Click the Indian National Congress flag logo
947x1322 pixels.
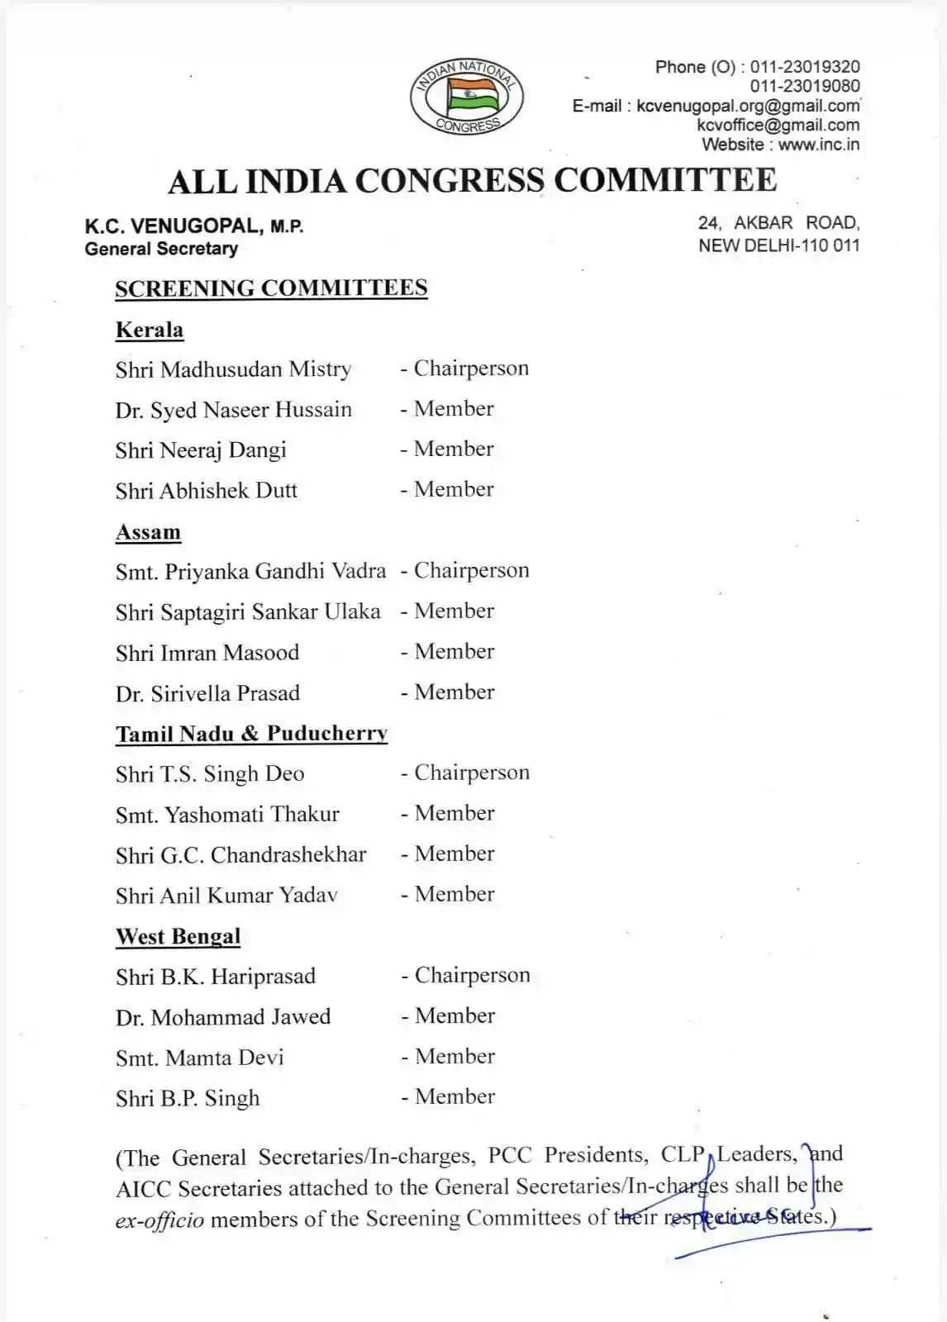(x=466, y=98)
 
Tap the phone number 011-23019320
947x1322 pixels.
(x=804, y=67)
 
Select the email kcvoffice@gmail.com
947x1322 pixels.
(x=778, y=126)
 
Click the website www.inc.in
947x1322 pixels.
(x=818, y=145)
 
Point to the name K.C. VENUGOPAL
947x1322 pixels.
(x=174, y=226)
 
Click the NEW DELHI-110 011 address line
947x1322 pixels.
(x=778, y=245)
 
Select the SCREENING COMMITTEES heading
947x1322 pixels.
(x=271, y=288)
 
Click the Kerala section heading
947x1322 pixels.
(x=150, y=330)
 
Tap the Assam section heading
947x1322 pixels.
(x=148, y=532)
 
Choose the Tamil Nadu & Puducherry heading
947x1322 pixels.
(x=251, y=734)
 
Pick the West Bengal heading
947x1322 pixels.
(x=178, y=936)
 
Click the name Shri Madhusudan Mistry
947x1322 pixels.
(x=233, y=369)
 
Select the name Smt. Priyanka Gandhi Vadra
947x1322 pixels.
(x=250, y=571)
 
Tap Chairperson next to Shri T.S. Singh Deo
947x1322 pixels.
(x=472, y=773)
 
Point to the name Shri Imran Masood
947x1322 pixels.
(x=207, y=653)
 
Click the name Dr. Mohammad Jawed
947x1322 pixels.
(x=223, y=1017)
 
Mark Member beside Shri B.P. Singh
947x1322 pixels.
(x=454, y=1096)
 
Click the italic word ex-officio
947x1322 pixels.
(x=159, y=1220)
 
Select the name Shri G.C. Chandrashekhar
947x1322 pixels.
(x=240, y=855)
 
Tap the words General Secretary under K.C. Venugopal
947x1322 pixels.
(x=161, y=249)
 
